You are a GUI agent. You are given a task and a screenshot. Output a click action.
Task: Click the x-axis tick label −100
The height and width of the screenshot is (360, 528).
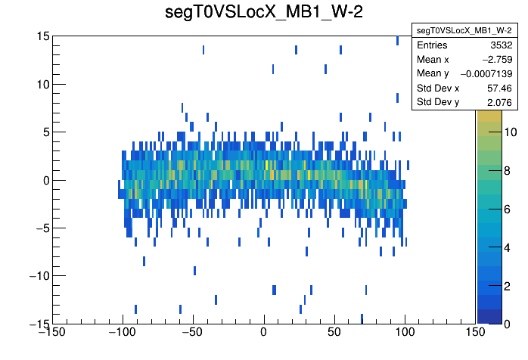[121, 332]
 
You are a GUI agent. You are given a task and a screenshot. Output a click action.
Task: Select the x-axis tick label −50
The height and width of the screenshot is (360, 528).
[192, 332]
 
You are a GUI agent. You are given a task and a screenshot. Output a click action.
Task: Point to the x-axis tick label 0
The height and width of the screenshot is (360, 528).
[263, 332]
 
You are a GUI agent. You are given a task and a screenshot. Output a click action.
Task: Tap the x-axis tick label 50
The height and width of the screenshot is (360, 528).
[334, 332]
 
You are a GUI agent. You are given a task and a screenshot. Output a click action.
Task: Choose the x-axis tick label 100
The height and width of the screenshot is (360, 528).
[405, 332]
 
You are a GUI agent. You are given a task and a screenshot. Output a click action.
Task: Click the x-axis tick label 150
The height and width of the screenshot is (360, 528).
[475, 332]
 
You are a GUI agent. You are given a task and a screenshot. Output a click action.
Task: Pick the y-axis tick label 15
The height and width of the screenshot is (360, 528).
[42, 36]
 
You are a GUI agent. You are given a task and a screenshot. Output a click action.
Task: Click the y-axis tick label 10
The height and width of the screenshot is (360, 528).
[42, 84]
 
